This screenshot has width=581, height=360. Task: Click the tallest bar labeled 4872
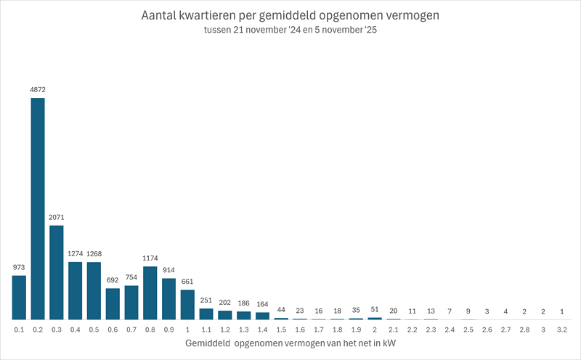(38, 208)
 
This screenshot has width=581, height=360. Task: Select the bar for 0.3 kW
(57, 272)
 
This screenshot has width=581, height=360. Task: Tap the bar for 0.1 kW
(19, 298)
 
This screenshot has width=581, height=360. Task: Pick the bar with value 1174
(150, 293)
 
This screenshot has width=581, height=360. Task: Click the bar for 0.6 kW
(113, 304)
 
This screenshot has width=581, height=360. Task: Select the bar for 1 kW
(187, 305)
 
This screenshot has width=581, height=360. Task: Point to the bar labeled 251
(206, 314)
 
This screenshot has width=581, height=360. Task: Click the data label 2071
(57, 217)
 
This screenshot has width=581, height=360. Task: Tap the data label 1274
(76, 253)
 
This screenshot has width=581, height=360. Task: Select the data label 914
(169, 270)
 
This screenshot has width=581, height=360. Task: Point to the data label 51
(375, 309)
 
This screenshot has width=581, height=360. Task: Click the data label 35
(356, 310)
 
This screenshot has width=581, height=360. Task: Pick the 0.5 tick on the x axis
(94, 330)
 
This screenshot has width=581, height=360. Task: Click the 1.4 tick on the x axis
(262, 330)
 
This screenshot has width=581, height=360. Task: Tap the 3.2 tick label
(562, 330)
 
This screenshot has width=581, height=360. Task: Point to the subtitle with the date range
(290, 32)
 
